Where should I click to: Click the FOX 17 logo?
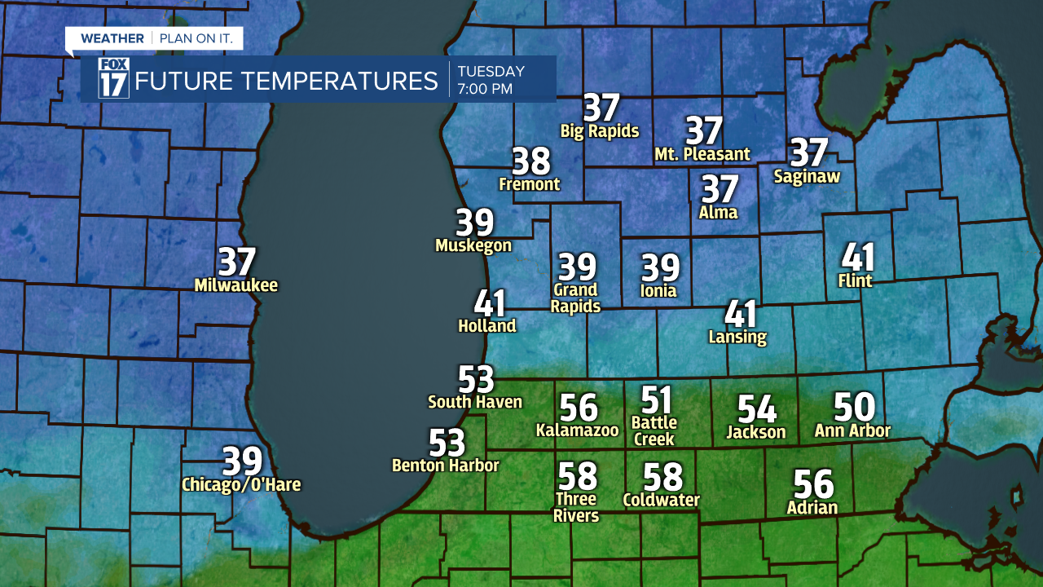point(113,78)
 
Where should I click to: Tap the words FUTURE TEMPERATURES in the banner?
point(287,82)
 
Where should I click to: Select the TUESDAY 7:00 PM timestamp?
point(491,80)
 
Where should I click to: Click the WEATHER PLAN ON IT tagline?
point(153,38)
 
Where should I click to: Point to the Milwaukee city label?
point(236,285)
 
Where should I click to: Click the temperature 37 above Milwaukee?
point(237,263)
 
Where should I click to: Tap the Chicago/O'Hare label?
point(241,485)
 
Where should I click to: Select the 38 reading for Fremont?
point(531,161)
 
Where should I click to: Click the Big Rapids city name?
point(600,130)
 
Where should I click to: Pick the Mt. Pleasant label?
point(702,154)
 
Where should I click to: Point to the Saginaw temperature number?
point(809,152)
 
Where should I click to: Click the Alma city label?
point(718,212)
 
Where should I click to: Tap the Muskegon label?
point(473,245)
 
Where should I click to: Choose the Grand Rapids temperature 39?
point(577,267)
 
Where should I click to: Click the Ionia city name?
point(659,290)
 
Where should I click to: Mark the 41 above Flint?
point(858,258)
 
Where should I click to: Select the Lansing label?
point(737,337)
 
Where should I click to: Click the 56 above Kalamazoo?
point(579,408)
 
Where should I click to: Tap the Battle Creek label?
point(654,430)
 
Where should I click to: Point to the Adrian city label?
point(812,508)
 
